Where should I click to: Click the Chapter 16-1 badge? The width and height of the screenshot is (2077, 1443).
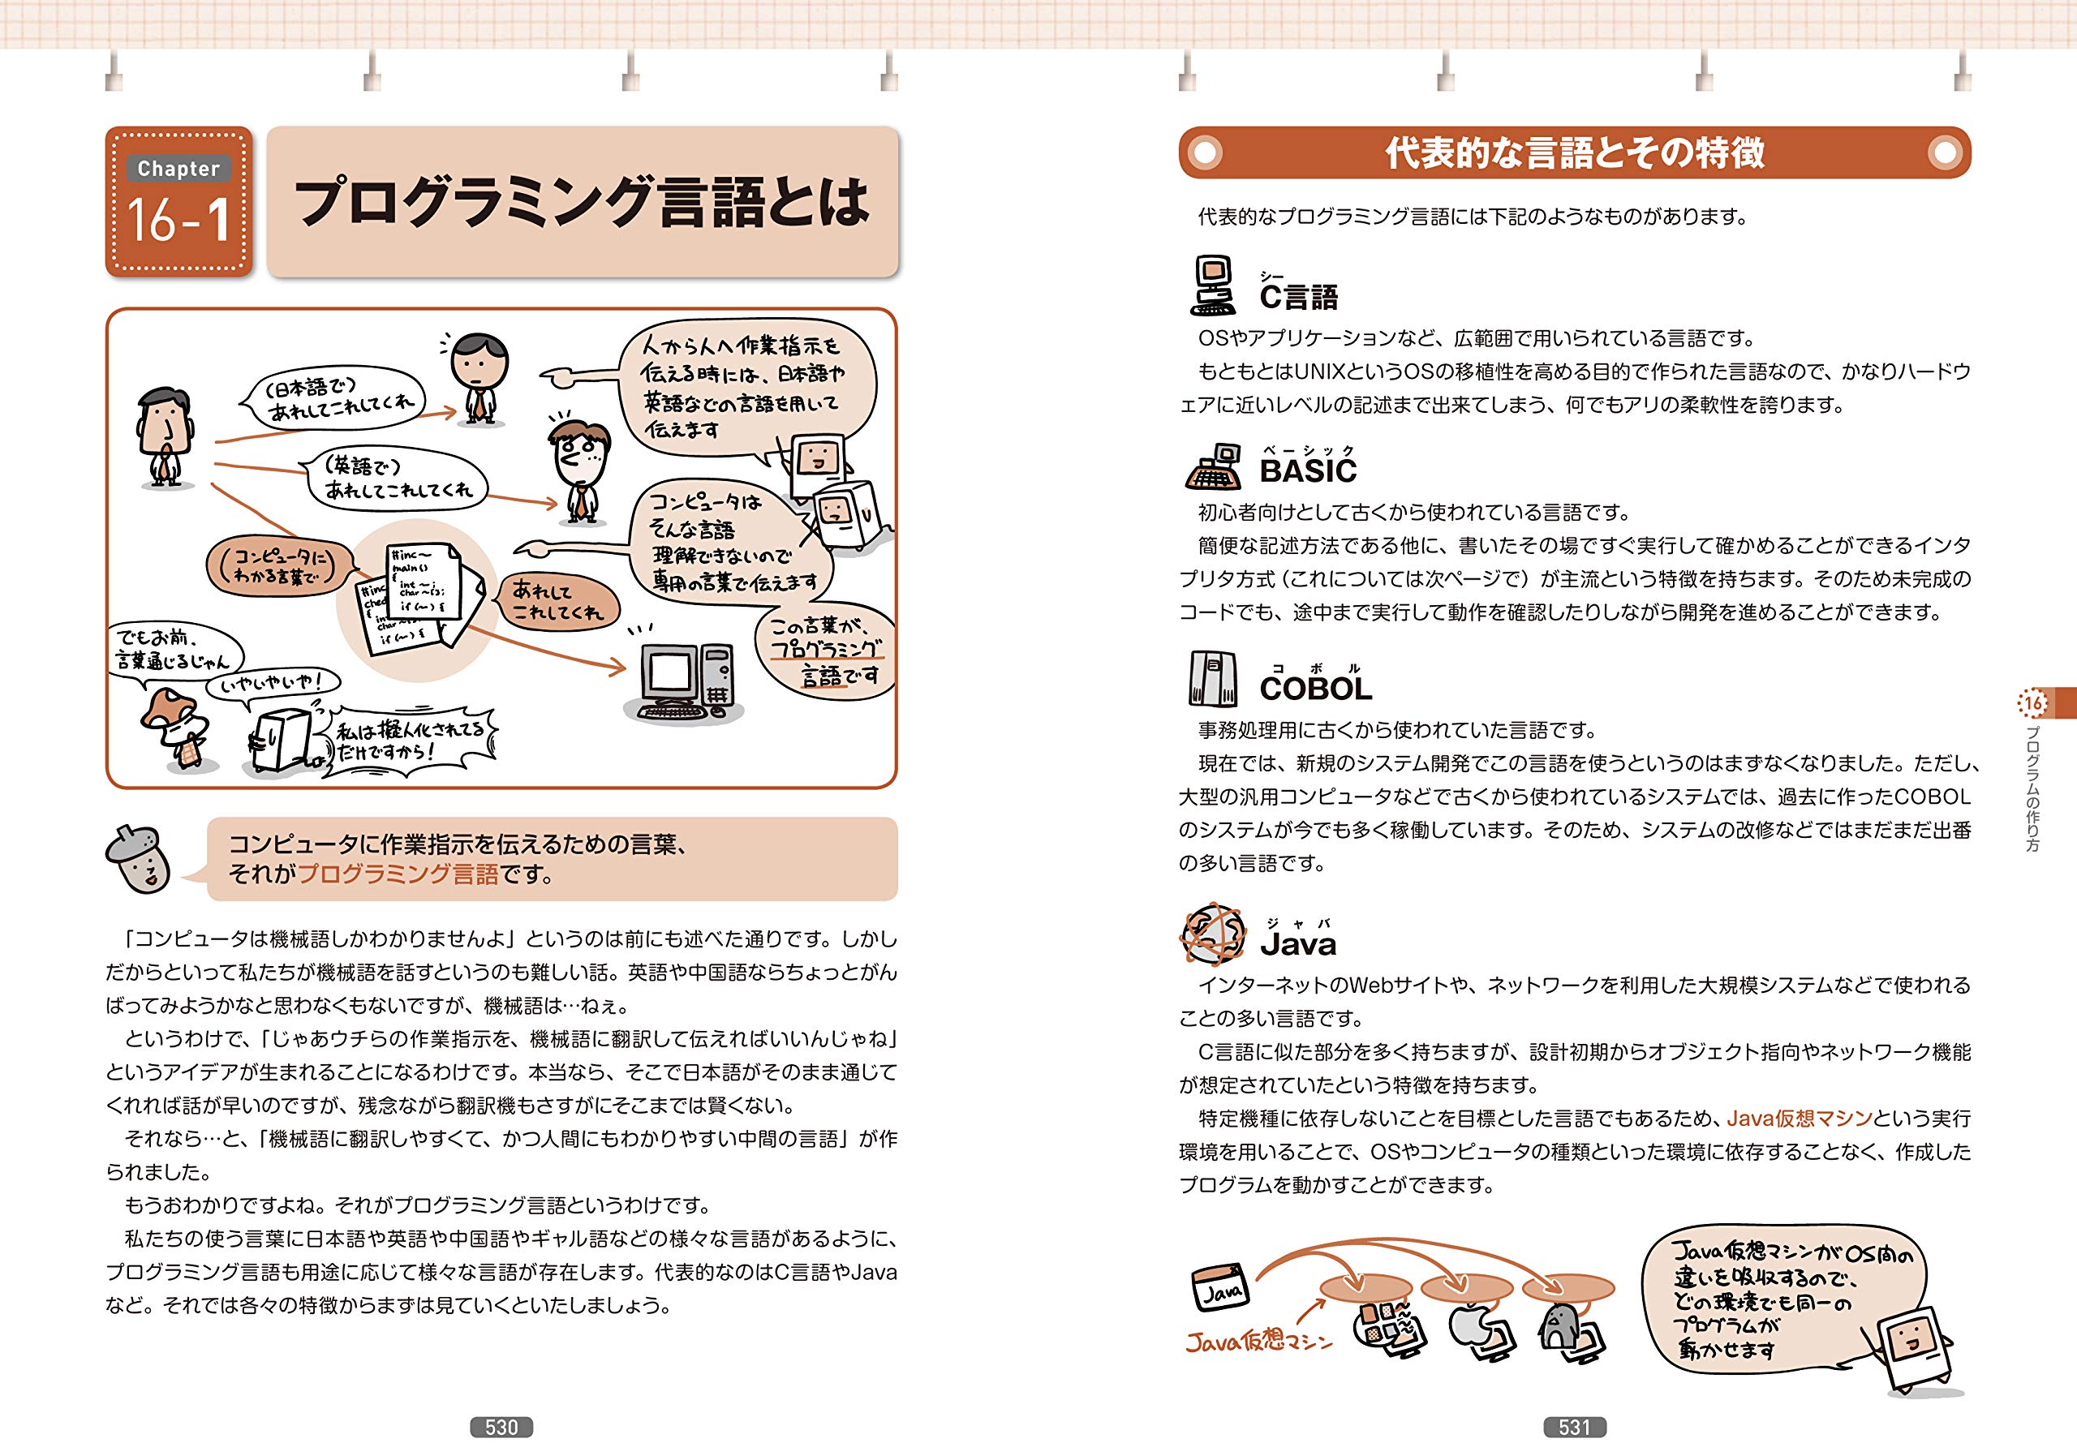(179, 202)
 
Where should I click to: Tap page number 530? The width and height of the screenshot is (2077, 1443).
(501, 1427)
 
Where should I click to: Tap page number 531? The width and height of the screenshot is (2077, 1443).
(1574, 1427)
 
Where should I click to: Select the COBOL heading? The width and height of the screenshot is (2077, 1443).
(1316, 688)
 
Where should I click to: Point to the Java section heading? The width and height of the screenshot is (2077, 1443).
(1297, 944)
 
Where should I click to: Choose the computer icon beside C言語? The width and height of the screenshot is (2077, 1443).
(1213, 285)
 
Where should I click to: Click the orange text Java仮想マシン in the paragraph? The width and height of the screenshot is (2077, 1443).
(1799, 1119)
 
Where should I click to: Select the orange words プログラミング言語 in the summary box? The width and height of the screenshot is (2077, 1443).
(398, 874)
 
